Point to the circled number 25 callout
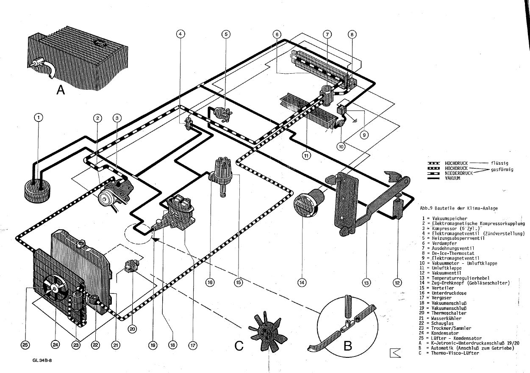(26, 345)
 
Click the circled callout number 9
(365, 135)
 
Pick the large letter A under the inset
(61, 90)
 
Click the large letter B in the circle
(348, 345)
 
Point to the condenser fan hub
(55, 287)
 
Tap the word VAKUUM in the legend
(452, 178)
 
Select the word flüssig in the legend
(499, 163)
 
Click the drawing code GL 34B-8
(42, 361)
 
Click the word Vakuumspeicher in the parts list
(450, 218)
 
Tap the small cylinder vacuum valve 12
(398, 209)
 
